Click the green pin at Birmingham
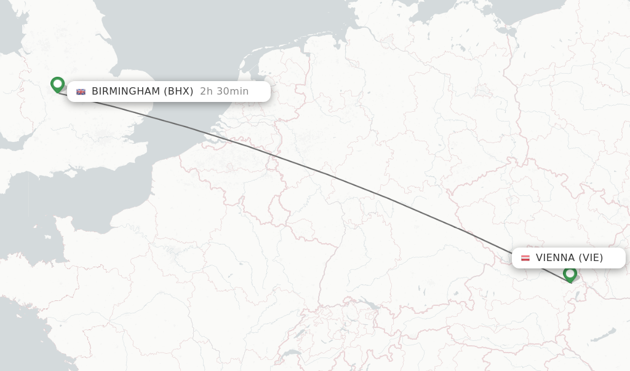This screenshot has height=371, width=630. pyautogui.click(x=57, y=84)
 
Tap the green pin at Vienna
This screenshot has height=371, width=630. pyautogui.click(x=570, y=274)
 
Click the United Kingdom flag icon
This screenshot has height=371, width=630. pyautogui.click(x=81, y=92)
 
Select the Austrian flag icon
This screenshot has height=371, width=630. pyautogui.click(x=525, y=258)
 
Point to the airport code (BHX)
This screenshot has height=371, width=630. pyautogui.click(x=178, y=92)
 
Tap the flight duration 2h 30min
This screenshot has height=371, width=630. pyautogui.click(x=224, y=92)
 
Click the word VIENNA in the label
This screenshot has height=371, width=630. pyautogui.click(x=555, y=258)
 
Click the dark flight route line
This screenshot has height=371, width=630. pyautogui.click(x=332, y=177)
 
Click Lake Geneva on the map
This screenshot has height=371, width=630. pyautogui.click(x=290, y=353)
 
